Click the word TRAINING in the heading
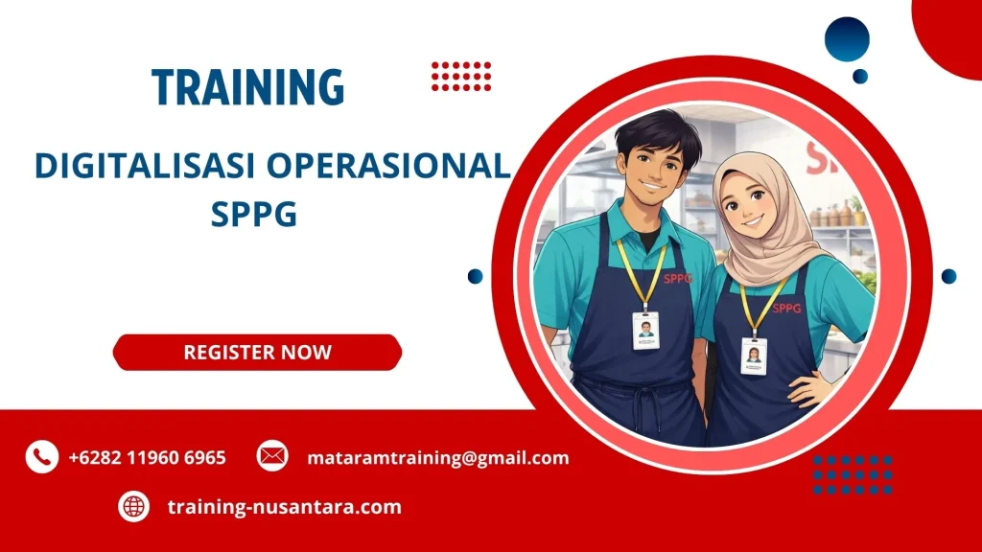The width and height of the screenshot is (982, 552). [247, 87]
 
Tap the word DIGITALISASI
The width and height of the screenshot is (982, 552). [145, 166]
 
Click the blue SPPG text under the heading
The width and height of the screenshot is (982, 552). [254, 215]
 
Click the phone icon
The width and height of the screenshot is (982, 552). [41, 457]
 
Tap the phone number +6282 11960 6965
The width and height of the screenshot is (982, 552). [147, 457]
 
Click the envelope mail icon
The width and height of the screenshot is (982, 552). [272, 456]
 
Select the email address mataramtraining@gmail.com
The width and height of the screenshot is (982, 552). [437, 457]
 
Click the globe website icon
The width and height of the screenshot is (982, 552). [133, 506]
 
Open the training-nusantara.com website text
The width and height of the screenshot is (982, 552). [284, 506]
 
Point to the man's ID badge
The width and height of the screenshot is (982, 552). [645, 331]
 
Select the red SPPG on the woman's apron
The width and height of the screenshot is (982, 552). [786, 308]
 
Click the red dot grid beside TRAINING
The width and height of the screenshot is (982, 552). [461, 76]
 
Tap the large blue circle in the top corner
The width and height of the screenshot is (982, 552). [846, 39]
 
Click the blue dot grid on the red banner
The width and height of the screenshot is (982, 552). [852, 474]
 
